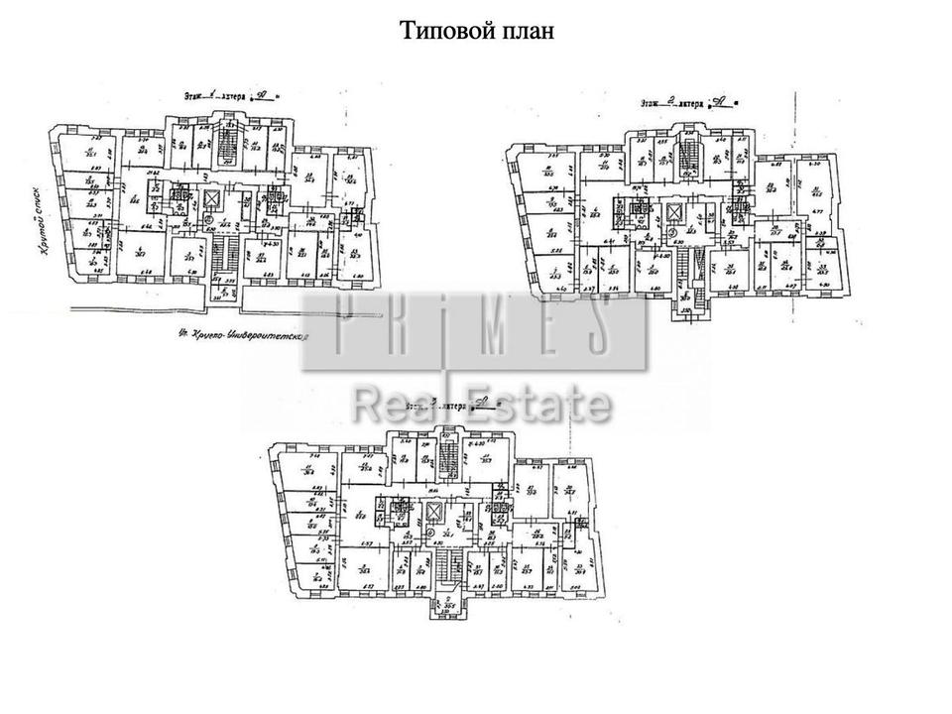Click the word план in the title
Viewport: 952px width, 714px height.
click(x=526, y=31)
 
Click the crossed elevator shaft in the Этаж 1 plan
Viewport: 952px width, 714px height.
click(x=211, y=198)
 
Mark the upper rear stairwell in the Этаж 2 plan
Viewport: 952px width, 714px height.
click(x=691, y=154)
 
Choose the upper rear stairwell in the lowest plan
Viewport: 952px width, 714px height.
click(x=447, y=458)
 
